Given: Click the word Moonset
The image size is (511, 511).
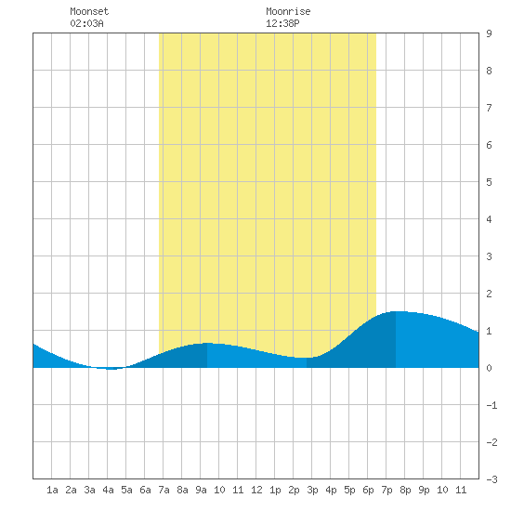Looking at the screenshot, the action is tap(89, 11).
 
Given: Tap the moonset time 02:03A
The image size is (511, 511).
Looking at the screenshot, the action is tap(86, 23).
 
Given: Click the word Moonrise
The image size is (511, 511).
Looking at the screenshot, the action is tap(288, 11).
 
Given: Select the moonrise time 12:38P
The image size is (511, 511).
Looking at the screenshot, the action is tap(282, 23).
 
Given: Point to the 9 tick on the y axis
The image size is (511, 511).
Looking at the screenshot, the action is tap(489, 33).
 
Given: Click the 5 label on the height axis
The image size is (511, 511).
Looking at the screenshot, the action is tap(489, 182).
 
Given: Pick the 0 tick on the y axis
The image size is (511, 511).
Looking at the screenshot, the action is tap(489, 368).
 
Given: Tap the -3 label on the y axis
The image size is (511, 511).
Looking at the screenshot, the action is tap(491, 479).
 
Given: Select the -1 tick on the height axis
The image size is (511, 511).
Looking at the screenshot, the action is tap(491, 405).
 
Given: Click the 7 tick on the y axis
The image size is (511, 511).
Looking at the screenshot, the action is tap(489, 108).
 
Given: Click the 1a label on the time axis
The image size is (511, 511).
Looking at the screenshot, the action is tap(52, 490).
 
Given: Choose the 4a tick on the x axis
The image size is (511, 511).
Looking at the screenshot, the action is tap(108, 490).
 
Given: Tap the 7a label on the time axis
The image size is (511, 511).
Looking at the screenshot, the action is tap(164, 490).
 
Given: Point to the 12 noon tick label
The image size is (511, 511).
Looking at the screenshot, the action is tap(256, 490).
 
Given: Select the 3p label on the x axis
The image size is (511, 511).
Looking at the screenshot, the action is tap(312, 490).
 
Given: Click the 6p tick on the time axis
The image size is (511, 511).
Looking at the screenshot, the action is tap(368, 490).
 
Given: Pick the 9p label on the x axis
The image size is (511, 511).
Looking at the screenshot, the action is tap(424, 490).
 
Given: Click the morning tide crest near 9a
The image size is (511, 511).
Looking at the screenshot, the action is tap(207, 343).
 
